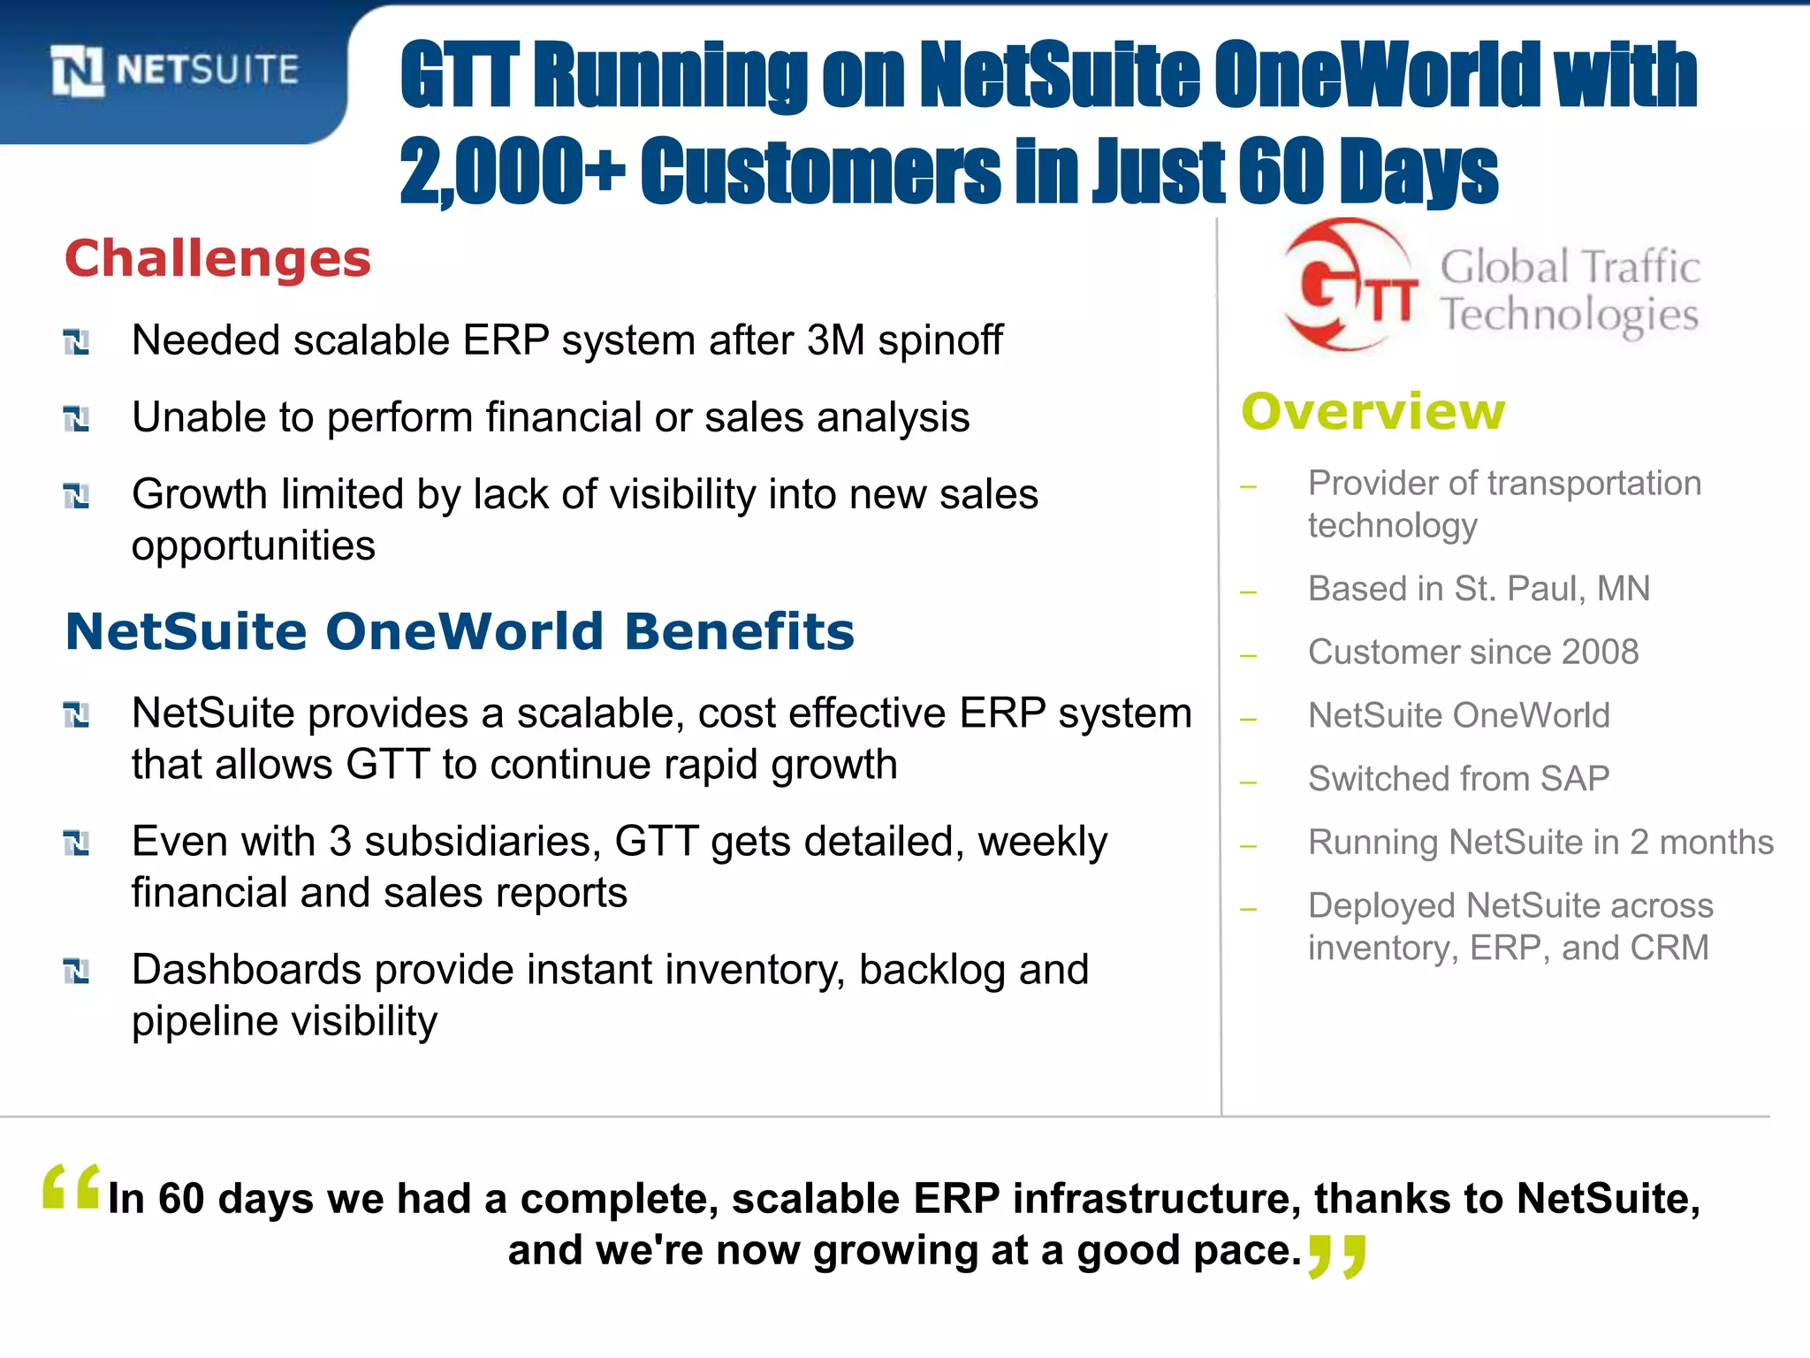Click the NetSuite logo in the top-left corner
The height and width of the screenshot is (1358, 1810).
click(174, 70)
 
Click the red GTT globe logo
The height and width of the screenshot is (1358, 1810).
click(1349, 286)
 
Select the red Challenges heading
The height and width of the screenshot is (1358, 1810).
click(217, 259)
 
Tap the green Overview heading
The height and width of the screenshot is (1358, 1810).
click(1373, 412)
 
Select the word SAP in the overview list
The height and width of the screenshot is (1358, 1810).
click(1574, 779)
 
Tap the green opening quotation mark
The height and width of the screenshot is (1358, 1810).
click(71, 1187)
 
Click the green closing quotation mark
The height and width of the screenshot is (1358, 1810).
click(1337, 1256)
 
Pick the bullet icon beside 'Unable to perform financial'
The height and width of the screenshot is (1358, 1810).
click(77, 418)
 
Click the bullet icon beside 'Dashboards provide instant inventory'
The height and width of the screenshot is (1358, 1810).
click(77, 971)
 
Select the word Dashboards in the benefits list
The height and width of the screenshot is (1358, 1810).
click(247, 970)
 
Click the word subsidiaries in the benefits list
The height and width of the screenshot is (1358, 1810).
click(483, 842)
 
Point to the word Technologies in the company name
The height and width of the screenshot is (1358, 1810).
click(1570, 315)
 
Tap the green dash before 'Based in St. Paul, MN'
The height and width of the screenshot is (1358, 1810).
click(1248, 591)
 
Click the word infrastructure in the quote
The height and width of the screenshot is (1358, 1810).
click(1156, 1199)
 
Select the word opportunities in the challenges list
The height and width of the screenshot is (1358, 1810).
click(254, 546)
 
